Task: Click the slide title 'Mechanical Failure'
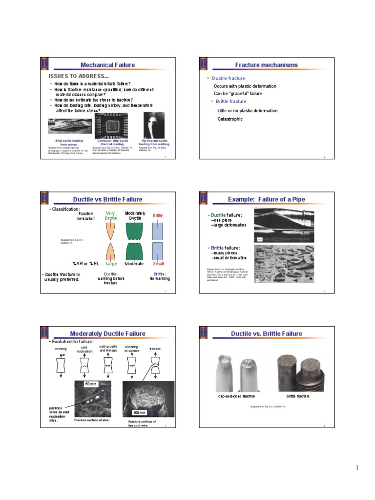point(107,65)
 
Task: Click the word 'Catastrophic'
point(230,119)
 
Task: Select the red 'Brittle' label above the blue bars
point(158,215)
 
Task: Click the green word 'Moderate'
point(134,264)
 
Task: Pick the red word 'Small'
point(158,264)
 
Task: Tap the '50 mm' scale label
point(91,385)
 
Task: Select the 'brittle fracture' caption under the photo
point(297,396)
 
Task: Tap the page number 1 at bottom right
point(357,469)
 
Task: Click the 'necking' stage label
point(61,349)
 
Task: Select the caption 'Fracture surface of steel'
point(92,420)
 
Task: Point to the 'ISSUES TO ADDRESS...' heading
point(79,77)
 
